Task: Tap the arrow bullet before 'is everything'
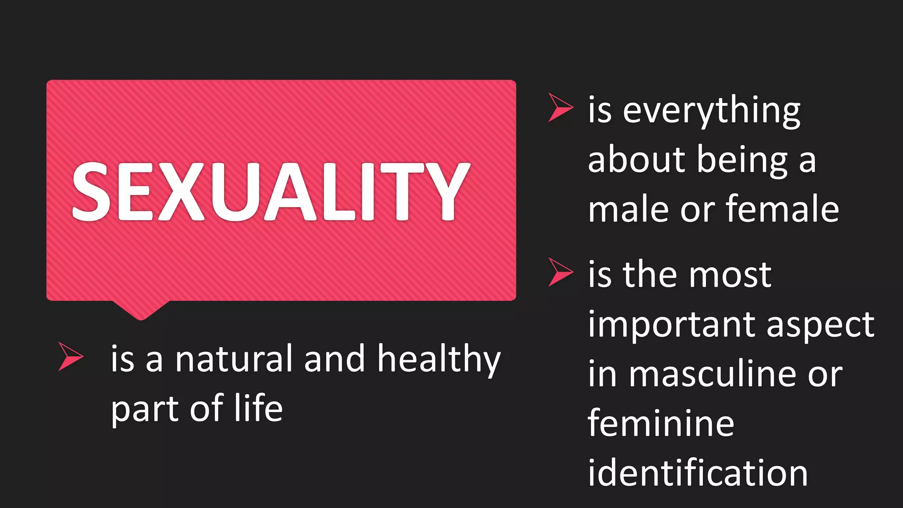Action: point(559,107)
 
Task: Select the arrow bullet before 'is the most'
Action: point(559,272)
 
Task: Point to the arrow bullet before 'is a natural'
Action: point(69,356)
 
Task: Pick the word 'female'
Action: point(782,209)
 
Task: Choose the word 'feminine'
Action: point(661,423)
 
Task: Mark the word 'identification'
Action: point(698,473)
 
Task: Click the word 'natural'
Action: point(234,359)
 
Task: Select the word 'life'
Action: point(258,408)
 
